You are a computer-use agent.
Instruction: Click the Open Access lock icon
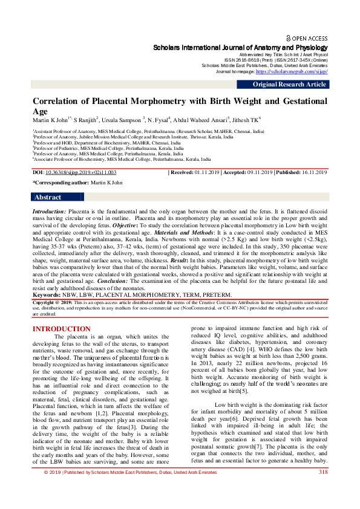point(288,37)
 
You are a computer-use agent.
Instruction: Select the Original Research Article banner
point(289,85)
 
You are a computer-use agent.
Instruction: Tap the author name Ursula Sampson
point(123,120)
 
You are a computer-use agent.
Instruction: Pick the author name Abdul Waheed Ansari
point(201,120)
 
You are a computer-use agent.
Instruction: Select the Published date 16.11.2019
point(312,173)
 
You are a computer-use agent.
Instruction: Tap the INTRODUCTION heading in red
point(61,329)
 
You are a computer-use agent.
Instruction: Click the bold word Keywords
point(46,294)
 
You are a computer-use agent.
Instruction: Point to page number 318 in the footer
point(323,488)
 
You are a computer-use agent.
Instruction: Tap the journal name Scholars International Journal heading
point(240,47)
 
